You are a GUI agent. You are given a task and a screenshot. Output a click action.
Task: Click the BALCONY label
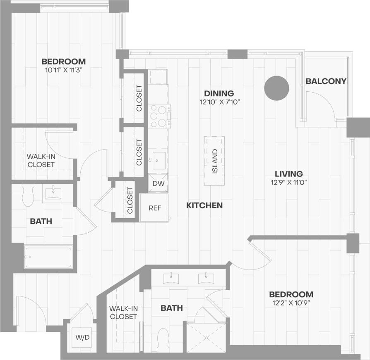(326, 81)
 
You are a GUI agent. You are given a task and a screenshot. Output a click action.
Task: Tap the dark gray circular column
(276, 88)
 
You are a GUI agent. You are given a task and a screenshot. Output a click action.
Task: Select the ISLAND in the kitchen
(214, 160)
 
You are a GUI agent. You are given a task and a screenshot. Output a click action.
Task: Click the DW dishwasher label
(158, 183)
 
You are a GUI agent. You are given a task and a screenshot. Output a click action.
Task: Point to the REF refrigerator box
(155, 208)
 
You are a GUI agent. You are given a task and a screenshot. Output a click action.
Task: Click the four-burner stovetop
(159, 116)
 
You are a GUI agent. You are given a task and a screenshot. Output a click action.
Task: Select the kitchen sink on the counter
(158, 160)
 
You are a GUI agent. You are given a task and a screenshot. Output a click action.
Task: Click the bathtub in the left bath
(48, 257)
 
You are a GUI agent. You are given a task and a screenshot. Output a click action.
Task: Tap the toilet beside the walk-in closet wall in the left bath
(28, 195)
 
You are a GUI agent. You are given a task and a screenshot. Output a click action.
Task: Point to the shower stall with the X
(206, 337)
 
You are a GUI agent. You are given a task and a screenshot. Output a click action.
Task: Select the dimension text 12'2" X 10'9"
(291, 303)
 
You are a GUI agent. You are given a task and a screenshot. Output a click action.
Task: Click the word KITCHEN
(204, 205)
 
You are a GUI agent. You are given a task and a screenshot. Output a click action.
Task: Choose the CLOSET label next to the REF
(130, 200)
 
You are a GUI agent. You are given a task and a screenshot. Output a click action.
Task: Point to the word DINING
(219, 93)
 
